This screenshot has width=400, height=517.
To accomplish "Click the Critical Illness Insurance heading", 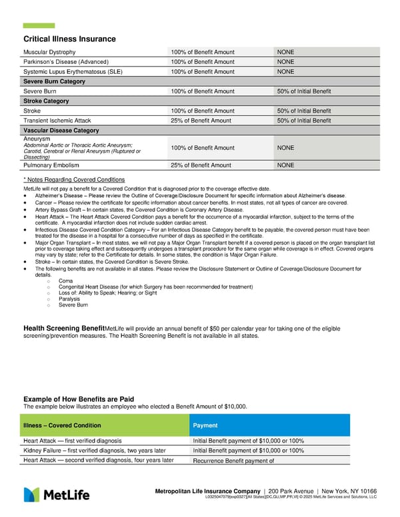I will pos(69,39).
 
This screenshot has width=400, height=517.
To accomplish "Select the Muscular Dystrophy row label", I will pos(49,52).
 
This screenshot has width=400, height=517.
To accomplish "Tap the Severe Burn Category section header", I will pos(54,81).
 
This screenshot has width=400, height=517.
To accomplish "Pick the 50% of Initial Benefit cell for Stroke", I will pos(303,111).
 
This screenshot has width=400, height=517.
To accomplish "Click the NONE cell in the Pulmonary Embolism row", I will pos(285,165).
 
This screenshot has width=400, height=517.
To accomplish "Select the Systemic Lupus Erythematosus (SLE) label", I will pos(73,71).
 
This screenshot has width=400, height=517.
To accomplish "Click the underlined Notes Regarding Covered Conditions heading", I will pos(73,180).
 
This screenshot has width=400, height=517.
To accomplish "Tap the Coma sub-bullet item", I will pos(65,281).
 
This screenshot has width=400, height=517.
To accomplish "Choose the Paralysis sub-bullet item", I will pos(70,299).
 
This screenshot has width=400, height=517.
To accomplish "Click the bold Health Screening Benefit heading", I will pos(64,328).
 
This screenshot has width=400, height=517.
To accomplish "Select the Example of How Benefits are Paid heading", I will pos(79,399).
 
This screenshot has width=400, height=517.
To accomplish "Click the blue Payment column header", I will pos(205,425).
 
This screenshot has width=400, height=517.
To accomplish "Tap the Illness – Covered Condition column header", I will pos(62,425).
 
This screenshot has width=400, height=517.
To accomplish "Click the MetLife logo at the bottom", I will pos(53,494).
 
